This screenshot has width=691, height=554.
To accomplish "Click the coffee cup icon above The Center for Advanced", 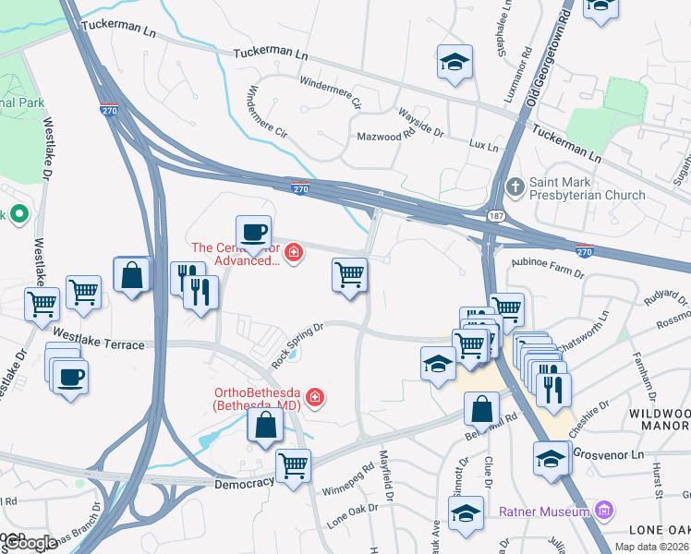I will [x=253, y=232].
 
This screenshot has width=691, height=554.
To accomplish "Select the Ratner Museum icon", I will [x=604, y=511].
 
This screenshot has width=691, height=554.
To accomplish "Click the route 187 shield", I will [x=496, y=214].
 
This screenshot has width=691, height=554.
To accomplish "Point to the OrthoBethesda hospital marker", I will [x=315, y=397].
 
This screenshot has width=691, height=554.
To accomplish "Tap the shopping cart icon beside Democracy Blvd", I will [x=293, y=465].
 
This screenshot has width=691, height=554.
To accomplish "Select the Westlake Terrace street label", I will [x=99, y=338].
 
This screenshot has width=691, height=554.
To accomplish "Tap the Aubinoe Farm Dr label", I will [x=547, y=269].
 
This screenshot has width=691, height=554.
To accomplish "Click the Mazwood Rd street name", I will [x=385, y=136].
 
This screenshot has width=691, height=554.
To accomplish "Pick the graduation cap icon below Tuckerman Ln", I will [x=454, y=63].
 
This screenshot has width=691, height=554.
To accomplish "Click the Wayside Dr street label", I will [x=420, y=123].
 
